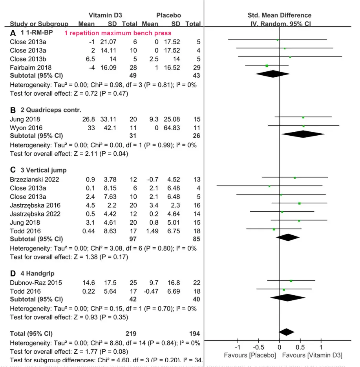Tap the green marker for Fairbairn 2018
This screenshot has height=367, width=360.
[267, 65]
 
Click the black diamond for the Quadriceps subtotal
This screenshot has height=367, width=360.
[303, 134]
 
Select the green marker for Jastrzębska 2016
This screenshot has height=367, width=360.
[299, 203]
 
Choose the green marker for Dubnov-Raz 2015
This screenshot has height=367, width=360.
[291, 281]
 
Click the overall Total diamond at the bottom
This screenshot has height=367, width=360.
[286, 332]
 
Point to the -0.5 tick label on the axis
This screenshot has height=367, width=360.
[258, 347]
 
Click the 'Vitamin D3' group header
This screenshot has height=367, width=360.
[105, 15]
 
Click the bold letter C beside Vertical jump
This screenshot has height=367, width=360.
[13, 170]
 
